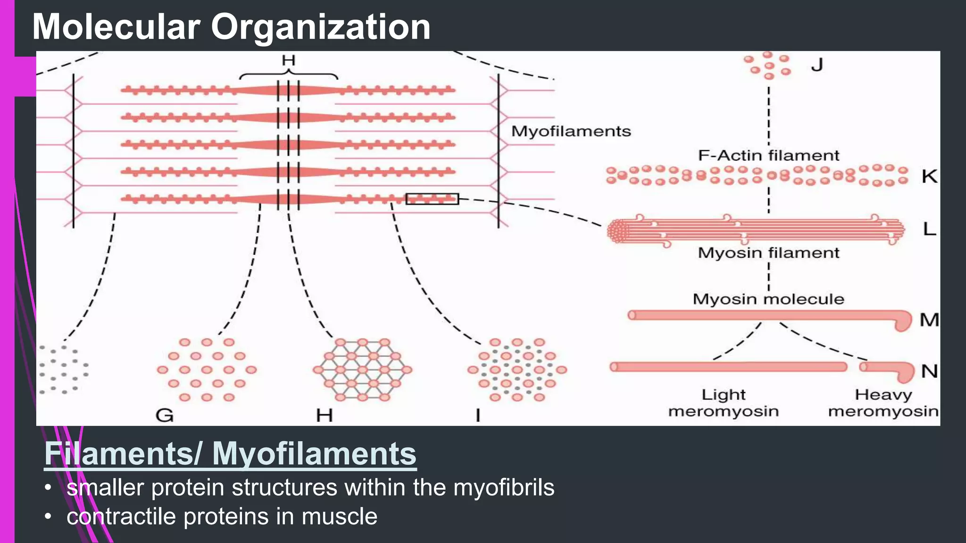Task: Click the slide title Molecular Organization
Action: pos(231,27)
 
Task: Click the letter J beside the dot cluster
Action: pos(817,65)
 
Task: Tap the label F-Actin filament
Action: pos(768,155)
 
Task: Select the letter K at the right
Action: pos(929,177)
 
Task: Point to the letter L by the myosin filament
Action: pos(929,230)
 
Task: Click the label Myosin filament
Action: pos(768,253)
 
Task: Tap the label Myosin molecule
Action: pos(768,299)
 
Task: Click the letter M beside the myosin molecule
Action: pos(929,320)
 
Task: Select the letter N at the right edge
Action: pos(929,371)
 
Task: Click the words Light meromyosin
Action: pos(723,403)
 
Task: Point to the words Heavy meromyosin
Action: pos(883,403)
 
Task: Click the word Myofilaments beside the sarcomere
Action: pos(571,131)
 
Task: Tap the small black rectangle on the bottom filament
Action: pos(432,199)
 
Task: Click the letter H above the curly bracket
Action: pos(288,60)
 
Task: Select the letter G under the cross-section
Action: pos(165,415)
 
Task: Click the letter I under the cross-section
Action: pos(478,415)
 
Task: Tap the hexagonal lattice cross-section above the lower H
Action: pos(362,370)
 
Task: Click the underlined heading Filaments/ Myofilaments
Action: pos(230,454)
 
